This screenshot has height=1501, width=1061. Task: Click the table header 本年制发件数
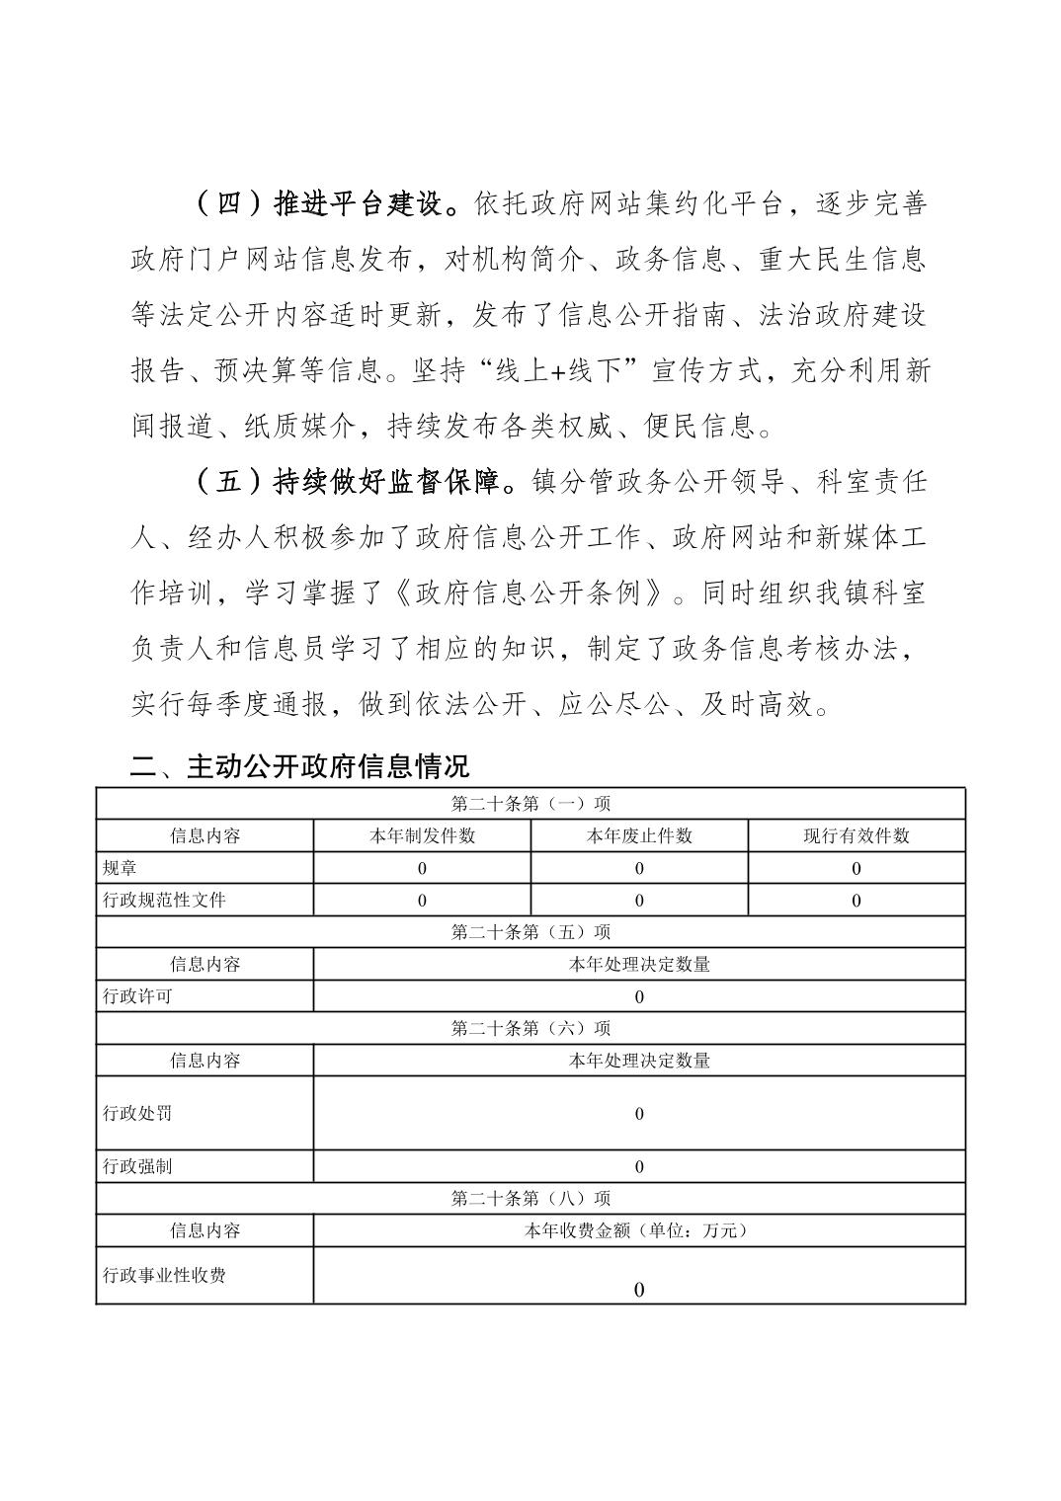click(x=422, y=835)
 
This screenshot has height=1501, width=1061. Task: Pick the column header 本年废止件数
click(x=639, y=835)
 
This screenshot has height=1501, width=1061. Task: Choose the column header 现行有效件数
click(x=856, y=835)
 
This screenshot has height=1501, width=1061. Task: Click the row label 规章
click(x=121, y=868)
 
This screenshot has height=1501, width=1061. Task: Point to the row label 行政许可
click(x=137, y=995)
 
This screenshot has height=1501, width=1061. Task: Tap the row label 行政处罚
click(x=137, y=1113)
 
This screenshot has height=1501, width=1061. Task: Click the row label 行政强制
click(x=137, y=1166)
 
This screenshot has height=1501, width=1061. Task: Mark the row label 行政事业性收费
click(x=165, y=1275)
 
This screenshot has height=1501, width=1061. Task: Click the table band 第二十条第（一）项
click(x=530, y=804)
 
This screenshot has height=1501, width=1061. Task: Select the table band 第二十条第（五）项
click(x=530, y=931)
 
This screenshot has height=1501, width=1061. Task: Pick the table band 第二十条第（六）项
click(x=530, y=1028)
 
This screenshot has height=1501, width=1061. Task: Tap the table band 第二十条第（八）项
click(x=530, y=1198)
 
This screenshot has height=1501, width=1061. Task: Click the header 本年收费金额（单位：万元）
click(x=639, y=1230)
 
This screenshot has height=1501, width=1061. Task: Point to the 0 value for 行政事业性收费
click(x=639, y=1290)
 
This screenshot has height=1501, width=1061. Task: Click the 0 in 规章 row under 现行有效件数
click(x=856, y=869)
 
